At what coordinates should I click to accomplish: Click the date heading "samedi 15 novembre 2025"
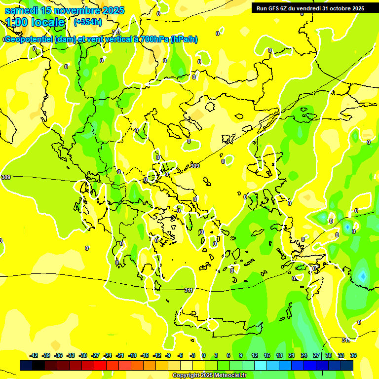pyautogui.click(x=64, y=10)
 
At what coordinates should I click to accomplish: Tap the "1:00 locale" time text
pyautogui.click(x=36, y=22)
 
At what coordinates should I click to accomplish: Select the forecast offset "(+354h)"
pyautogui.click(x=88, y=22)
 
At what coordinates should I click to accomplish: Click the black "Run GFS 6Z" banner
pyautogui.click(x=310, y=8)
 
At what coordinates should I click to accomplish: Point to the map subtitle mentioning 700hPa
pyautogui.click(x=101, y=39)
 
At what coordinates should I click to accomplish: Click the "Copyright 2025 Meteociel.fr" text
pyautogui.click(x=209, y=376)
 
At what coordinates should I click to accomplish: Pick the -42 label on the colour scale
pyautogui.click(x=34, y=355)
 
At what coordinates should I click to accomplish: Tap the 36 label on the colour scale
pyautogui.click(x=353, y=355)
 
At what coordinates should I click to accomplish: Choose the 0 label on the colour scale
pyautogui.click(x=203, y=355)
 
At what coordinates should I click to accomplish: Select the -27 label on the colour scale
pyautogui.click(x=96, y=355)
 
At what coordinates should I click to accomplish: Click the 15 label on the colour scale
pyautogui.click(x=267, y=355)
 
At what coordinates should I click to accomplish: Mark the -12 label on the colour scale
pyautogui.click(x=157, y=355)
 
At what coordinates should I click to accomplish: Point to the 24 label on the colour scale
pyautogui.click(x=304, y=355)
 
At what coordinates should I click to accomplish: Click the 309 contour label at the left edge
pyautogui.click(x=6, y=177)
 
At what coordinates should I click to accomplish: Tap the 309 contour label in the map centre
pyautogui.click(x=195, y=166)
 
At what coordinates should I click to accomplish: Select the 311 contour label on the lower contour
pyautogui.click(x=189, y=290)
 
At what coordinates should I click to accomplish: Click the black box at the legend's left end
pyautogui.click(x=26, y=365)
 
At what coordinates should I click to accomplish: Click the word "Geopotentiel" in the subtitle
pyautogui.click(x=29, y=39)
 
